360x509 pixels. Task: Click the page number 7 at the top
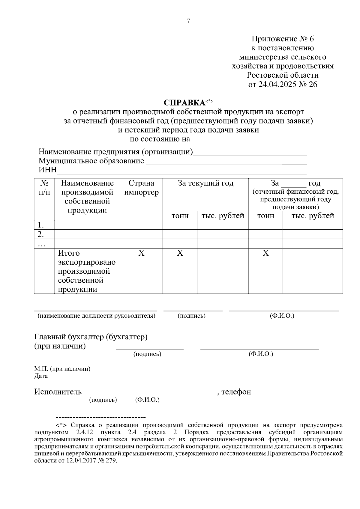(188, 21)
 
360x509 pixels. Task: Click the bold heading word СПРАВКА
(184, 103)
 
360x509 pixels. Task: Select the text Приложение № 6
(283, 39)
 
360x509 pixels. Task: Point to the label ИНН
(47, 170)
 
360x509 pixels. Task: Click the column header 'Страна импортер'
(141, 188)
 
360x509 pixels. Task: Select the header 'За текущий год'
(205, 183)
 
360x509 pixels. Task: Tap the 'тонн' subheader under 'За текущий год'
(180, 216)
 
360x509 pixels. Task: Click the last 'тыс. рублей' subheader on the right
(313, 216)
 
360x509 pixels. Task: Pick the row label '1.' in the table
(41, 225)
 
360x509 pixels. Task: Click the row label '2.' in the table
(41, 234)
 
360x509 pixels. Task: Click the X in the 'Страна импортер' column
(141, 253)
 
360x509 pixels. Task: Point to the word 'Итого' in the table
(69, 253)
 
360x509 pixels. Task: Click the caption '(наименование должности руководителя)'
(96, 316)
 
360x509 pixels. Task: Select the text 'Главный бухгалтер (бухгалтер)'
(91, 337)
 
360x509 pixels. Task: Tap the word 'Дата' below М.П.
(41, 376)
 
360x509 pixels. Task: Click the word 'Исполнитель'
(58, 392)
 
